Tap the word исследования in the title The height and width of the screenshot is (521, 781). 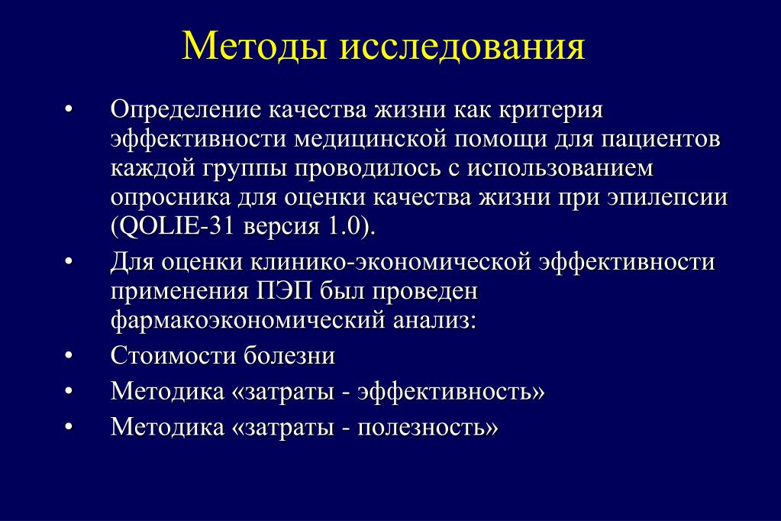click(462, 47)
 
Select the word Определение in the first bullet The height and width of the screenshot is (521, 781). click(186, 110)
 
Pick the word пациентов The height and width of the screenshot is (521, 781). click(660, 140)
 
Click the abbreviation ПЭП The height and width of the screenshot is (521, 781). click(284, 292)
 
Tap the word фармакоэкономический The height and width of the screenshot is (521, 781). click(248, 321)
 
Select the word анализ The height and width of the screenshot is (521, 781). click(431, 321)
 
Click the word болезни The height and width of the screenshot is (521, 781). click(289, 356)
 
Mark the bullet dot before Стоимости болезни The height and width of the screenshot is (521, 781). click(69, 356)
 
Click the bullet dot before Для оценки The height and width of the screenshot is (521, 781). click(69, 262)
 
